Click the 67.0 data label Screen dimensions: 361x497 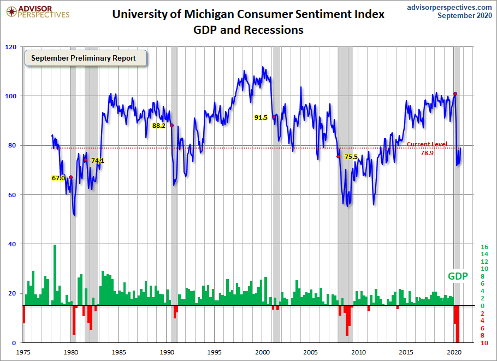point(58,178)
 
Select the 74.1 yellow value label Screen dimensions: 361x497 point(98,161)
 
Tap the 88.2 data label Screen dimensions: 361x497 point(158,126)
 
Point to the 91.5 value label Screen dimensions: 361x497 point(261,117)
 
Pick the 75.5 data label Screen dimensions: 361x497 point(351,157)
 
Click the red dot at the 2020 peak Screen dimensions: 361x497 point(455,94)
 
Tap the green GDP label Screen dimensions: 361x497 point(458,276)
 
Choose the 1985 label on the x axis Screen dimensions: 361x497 point(119,352)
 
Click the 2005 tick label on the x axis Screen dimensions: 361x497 point(311,352)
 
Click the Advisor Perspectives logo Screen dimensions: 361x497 point(37,11)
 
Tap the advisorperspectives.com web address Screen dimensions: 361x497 point(449,7)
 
